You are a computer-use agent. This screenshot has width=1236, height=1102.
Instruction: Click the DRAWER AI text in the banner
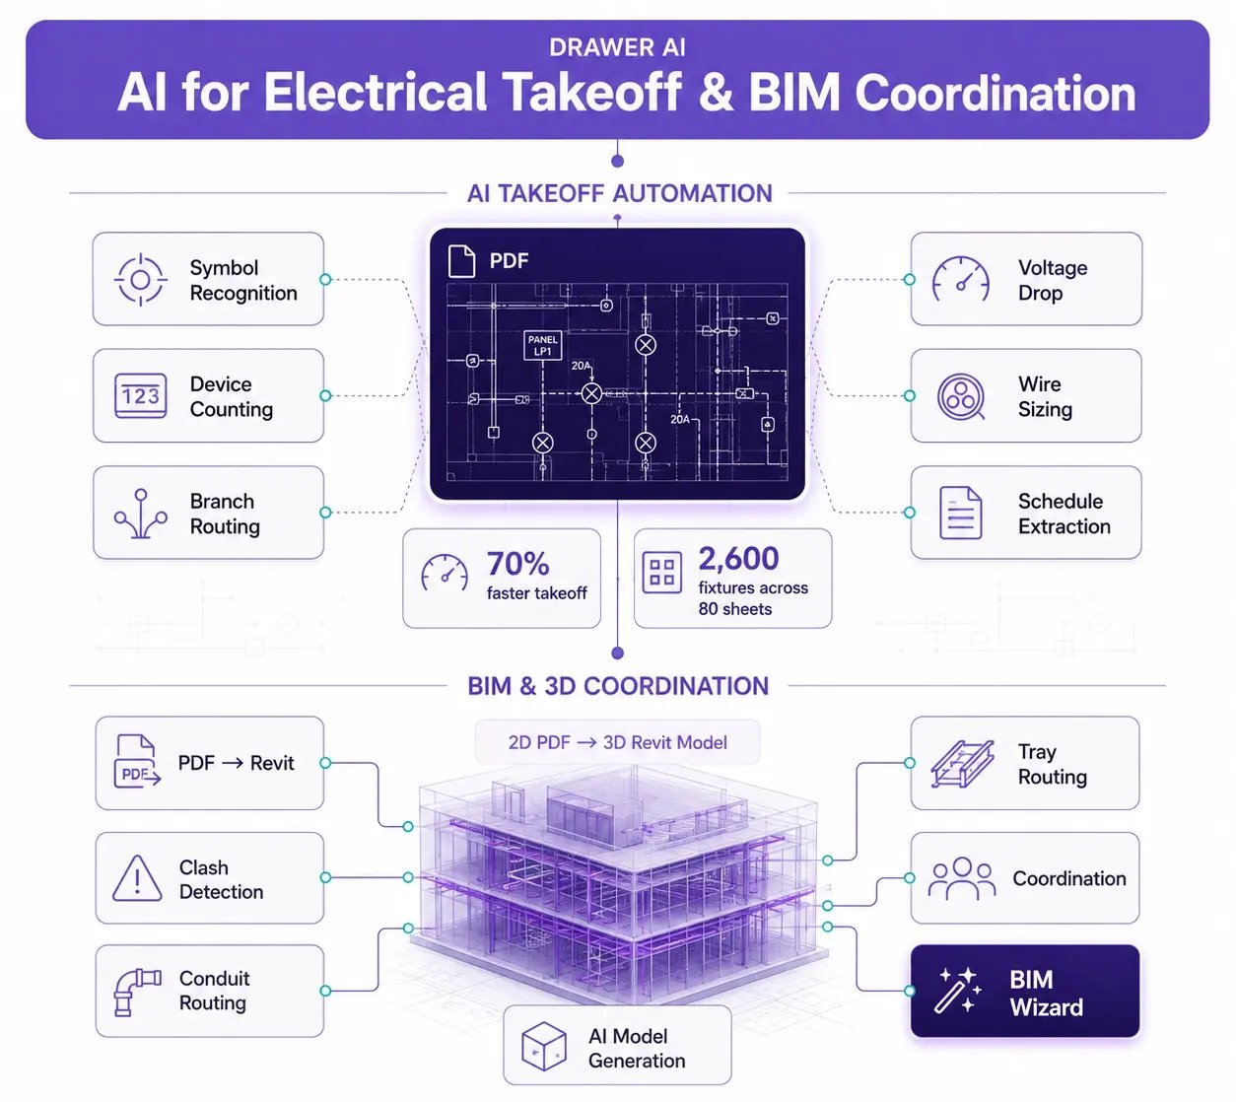pos(617,47)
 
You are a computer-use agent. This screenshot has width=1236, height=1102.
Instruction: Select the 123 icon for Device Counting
pos(140,396)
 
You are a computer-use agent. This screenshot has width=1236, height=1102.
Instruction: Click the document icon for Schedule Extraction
pos(960,513)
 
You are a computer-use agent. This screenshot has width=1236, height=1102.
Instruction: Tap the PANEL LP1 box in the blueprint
pos(542,345)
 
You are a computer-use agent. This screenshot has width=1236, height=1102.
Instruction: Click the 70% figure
pos(517,563)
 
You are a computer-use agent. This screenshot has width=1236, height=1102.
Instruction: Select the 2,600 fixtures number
pos(738,558)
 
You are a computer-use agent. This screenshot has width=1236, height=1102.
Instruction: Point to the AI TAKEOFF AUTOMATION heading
pos(619,193)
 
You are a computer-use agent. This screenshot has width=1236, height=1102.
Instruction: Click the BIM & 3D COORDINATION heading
pos(618,686)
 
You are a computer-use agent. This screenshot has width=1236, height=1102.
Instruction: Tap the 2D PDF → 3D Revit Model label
pos(617,742)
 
